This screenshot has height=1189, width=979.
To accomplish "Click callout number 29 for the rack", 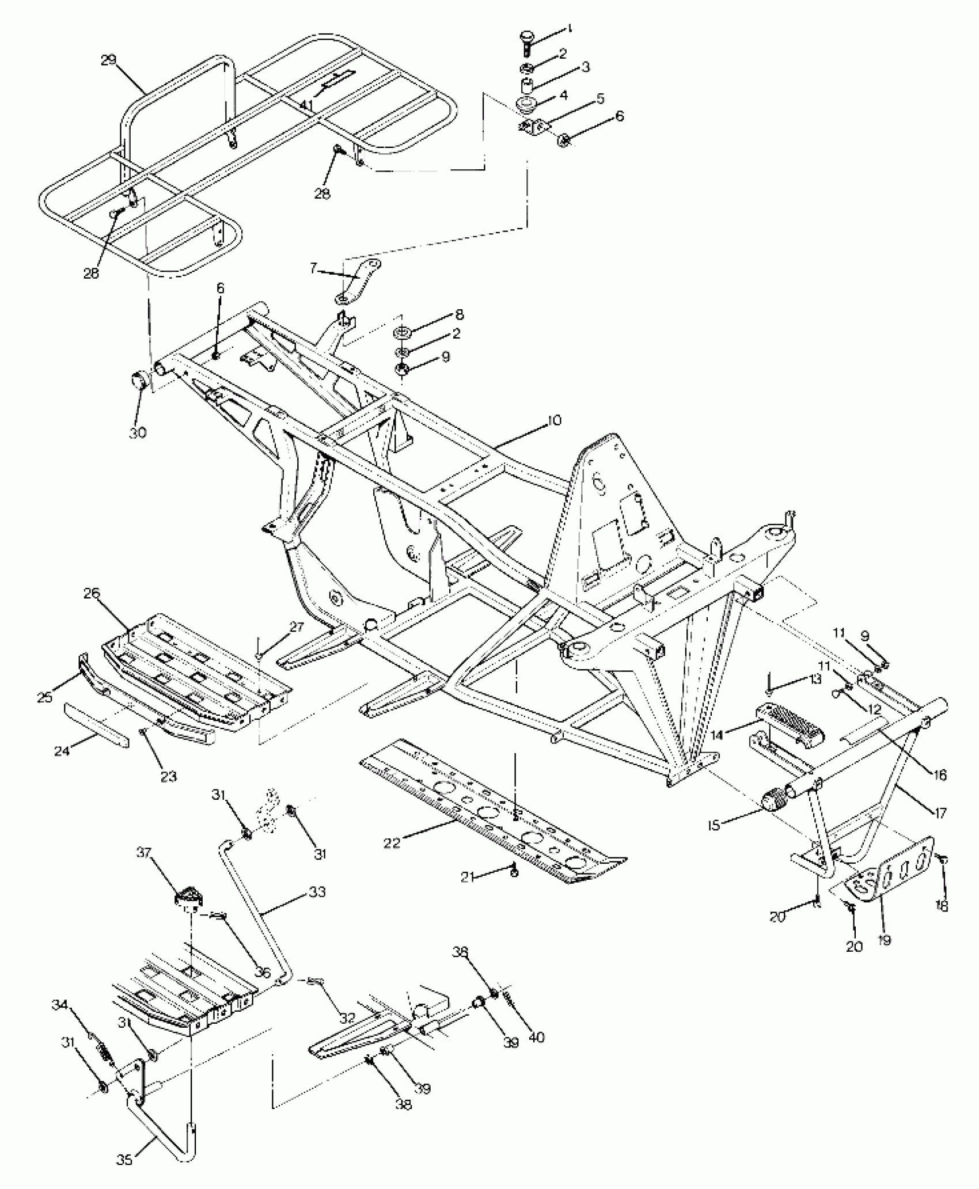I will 109,60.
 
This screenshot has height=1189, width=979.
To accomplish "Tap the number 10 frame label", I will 553,420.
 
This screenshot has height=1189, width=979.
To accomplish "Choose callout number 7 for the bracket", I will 313,268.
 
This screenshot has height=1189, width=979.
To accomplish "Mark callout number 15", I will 715,826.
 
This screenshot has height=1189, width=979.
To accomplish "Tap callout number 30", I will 138,432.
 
